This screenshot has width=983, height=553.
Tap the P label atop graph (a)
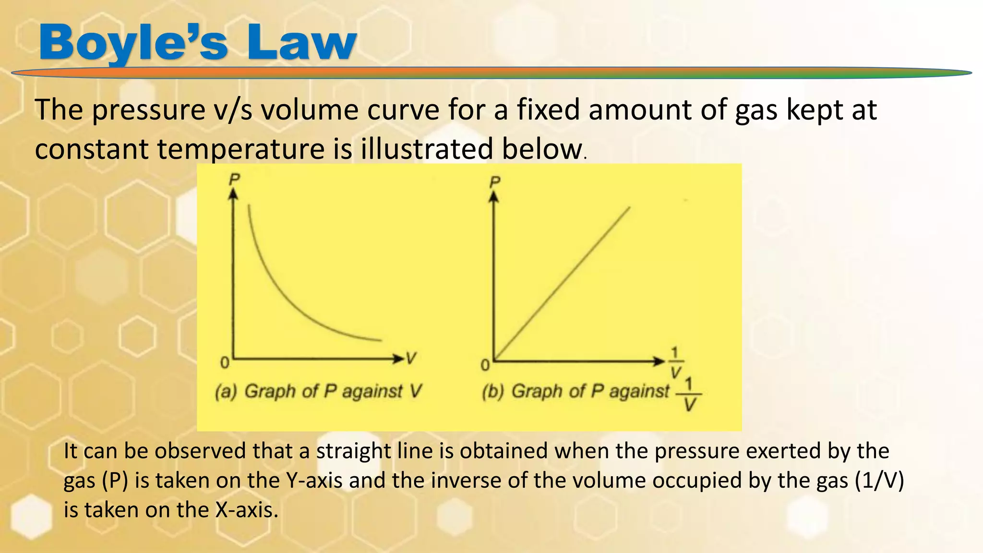(x=234, y=180)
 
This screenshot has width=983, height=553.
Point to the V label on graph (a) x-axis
(x=411, y=358)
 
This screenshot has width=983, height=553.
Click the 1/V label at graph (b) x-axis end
(x=676, y=363)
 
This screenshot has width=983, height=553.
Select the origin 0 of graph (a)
(x=224, y=363)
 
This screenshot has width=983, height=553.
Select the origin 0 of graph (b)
(x=485, y=366)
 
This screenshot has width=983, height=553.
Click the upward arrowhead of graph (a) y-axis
(x=233, y=193)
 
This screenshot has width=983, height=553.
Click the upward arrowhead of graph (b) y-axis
(x=494, y=196)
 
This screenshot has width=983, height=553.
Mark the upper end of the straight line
(x=629, y=208)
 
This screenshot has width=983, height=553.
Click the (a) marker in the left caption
(x=226, y=392)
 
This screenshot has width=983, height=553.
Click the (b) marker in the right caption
(x=493, y=392)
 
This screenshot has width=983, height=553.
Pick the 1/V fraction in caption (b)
(x=689, y=395)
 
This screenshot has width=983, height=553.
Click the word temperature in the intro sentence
(x=241, y=148)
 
